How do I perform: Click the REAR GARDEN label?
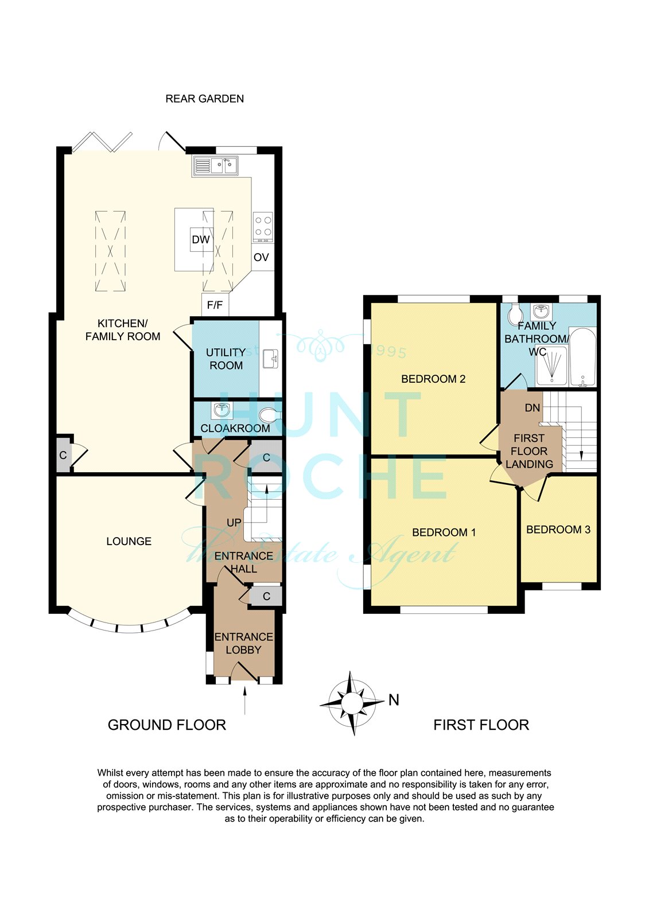click(205, 99)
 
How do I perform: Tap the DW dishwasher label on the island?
click(201, 240)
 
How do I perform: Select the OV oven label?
click(261, 258)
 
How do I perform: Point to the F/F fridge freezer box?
click(215, 305)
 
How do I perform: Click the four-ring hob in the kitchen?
click(263, 227)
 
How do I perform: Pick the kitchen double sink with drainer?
click(215, 166)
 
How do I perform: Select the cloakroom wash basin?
click(221, 410)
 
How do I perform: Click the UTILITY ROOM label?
click(226, 359)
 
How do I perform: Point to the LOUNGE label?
click(129, 542)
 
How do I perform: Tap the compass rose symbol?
click(351, 703)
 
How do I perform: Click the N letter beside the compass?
click(394, 700)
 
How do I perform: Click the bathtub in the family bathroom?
click(582, 356)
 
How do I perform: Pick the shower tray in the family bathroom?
click(552, 366)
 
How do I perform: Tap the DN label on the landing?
click(533, 408)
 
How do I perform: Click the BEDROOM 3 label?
click(558, 530)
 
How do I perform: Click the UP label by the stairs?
click(234, 523)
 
